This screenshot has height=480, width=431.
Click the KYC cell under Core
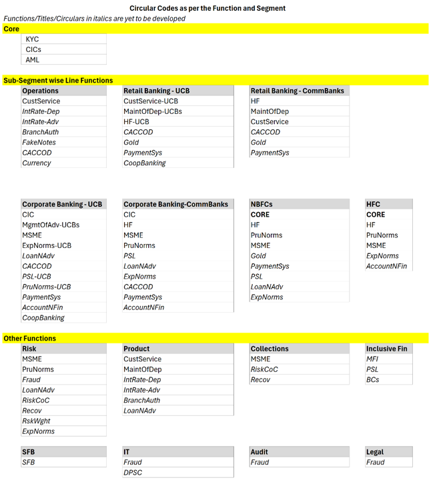pyautogui.click(x=33, y=39)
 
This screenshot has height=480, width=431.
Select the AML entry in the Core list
pyautogui.click(x=33, y=60)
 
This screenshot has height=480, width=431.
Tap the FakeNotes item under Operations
pyautogui.click(x=39, y=142)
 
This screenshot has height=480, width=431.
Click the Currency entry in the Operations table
pyautogui.click(x=37, y=163)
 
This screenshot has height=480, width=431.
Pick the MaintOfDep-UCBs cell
pyautogui.click(x=152, y=111)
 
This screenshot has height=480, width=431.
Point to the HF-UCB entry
pyautogui.click(x=136, y=122)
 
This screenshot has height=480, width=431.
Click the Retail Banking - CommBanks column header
pyautogui.click(x=297, y=91)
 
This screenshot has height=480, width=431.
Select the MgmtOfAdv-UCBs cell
pyautogui.click(x=51, y=225)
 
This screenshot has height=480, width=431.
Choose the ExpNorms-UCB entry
pyautogui.click(x=47, y=245)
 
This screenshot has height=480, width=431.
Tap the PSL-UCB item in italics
pyautogui.click(x=37, y=276)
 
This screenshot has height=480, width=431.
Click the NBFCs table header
pyautogui.click(x=262, y=204)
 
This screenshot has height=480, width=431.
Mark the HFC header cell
pyautogui.click(x=373, y=204)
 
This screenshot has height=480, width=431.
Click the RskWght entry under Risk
pyautogui.click(x=36, y=421)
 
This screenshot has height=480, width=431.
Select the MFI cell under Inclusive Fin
pyautogui.click(x=372, y=359)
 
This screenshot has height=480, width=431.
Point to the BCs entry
pyautogui.click(x=372, y=379)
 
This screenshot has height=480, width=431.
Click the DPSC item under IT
pyautogui.click(x=133, y=472)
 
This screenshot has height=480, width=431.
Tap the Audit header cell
pyautogui.click(x=260, y=451)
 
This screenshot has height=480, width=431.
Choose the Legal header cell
pyautogui.click(x=375, y=451)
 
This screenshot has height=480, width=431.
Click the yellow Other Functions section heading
pyautogui.click(x=30, y=338)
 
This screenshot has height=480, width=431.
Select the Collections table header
pyautogui.click(x=270, y=348)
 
